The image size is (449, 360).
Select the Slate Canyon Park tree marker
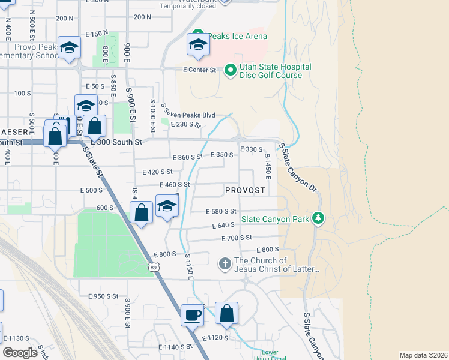[318, 219]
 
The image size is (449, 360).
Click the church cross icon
[224, 264]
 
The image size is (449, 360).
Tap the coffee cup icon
[193, 314]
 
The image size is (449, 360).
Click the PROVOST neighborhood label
[245, 190]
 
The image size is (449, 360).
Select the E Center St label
[199, 70]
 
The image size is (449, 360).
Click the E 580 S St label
[221, 211]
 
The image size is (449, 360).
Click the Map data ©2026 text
[423, 355]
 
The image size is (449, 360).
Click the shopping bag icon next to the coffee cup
[226, 314]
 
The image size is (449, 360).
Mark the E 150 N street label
[97, 34]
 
